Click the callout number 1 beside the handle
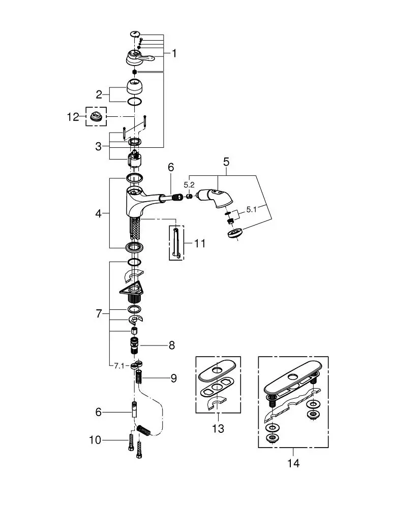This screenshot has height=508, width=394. (174, 53)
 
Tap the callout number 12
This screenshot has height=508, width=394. (73, 117)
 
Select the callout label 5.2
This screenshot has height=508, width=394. (189, 185)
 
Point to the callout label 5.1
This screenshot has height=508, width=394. (251, 210)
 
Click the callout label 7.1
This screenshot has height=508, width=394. (119, 366)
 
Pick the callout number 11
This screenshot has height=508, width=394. (200, 243)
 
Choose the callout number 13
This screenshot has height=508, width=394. (218, 429)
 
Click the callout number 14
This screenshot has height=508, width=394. (293, 463)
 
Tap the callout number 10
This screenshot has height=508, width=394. (96, 440)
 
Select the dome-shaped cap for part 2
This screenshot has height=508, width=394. (135, 86)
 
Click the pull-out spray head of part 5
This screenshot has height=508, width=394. (215, 196)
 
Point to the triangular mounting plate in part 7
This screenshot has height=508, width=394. (132, 287)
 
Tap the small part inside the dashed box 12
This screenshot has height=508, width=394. (96, 116)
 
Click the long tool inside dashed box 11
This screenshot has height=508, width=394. (176, 243)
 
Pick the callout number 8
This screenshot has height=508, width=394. (171, 345)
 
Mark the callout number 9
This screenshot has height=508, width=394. (173, 378)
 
